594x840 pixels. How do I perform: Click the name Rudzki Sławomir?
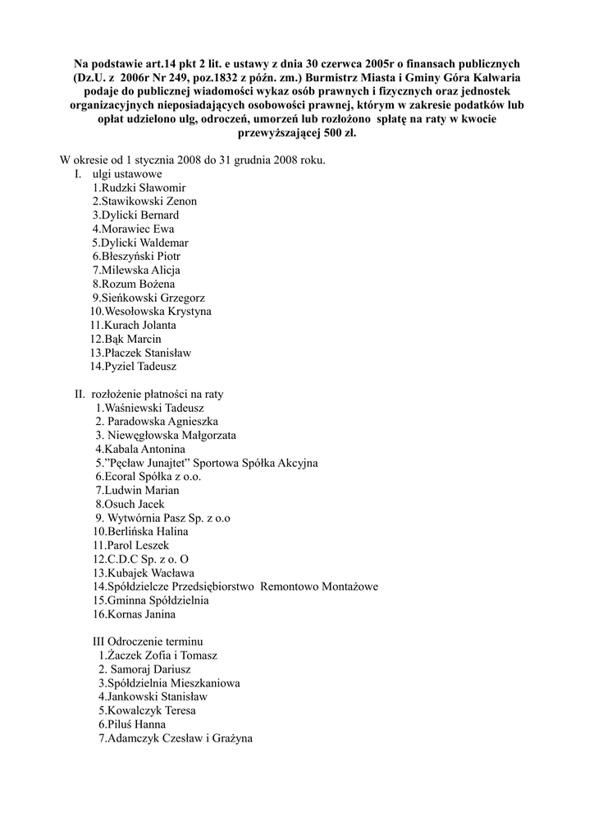click(139, 188)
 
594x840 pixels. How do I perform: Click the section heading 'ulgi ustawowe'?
click(127, 174)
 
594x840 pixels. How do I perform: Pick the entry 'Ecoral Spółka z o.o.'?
click(148, 476)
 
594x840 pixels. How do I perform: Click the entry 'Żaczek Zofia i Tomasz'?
click(158, 655)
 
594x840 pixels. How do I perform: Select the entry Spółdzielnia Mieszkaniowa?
click(169, 682)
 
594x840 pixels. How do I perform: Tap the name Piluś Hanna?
click(131, 724)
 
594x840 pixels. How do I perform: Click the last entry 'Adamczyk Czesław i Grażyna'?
click(175, 738)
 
